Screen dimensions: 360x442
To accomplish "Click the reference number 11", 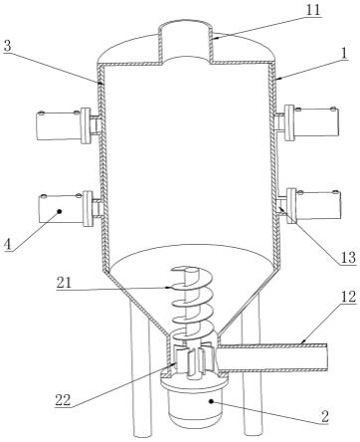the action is [x=313, y=10].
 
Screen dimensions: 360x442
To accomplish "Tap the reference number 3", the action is [x=7, y=46].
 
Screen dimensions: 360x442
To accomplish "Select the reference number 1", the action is [x=344, y=53].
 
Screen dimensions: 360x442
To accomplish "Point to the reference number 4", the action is [x=8, y=245].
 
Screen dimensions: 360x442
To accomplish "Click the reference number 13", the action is [x=349, y=258].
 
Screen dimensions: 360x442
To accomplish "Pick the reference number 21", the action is [x=64, y=283].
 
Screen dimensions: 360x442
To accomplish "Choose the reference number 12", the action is [x=348, y=297].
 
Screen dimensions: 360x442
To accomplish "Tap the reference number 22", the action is [x=63, y=400].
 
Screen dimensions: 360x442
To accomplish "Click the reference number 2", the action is [x=325, y=416].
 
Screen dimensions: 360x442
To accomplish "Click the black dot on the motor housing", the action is [x=211, y=402].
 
